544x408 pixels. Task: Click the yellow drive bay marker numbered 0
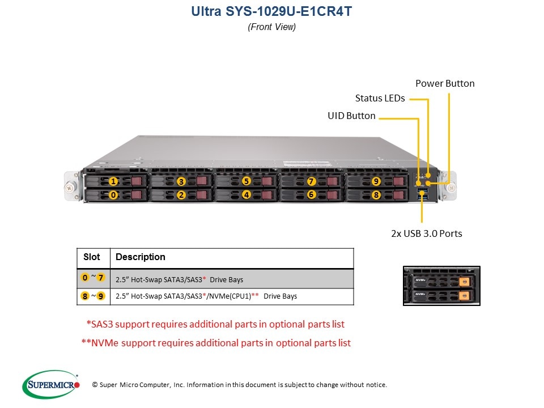click(113, 194)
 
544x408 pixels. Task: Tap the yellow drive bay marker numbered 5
click(246, 181)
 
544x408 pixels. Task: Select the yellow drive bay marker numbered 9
click(376, 181)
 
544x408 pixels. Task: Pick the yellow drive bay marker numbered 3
click(181, 181)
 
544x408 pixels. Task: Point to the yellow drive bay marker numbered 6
click(311, 194)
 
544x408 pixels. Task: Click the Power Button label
click(445, 83)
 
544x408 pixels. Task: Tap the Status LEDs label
click(380, 98)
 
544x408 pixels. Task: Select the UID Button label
click(351, 116)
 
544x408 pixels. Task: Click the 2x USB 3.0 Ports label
click(426, 233)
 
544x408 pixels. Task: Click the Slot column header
click(92, 257)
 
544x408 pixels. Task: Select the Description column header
click(141, 257)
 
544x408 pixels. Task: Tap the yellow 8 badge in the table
click(85, 296)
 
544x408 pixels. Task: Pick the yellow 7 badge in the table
click(101, 278)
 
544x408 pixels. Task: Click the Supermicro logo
click(51, 385)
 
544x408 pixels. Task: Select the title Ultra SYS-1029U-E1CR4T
click(271, 11)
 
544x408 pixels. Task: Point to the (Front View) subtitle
click(271, 27)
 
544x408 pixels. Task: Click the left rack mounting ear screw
click(70, 185)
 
